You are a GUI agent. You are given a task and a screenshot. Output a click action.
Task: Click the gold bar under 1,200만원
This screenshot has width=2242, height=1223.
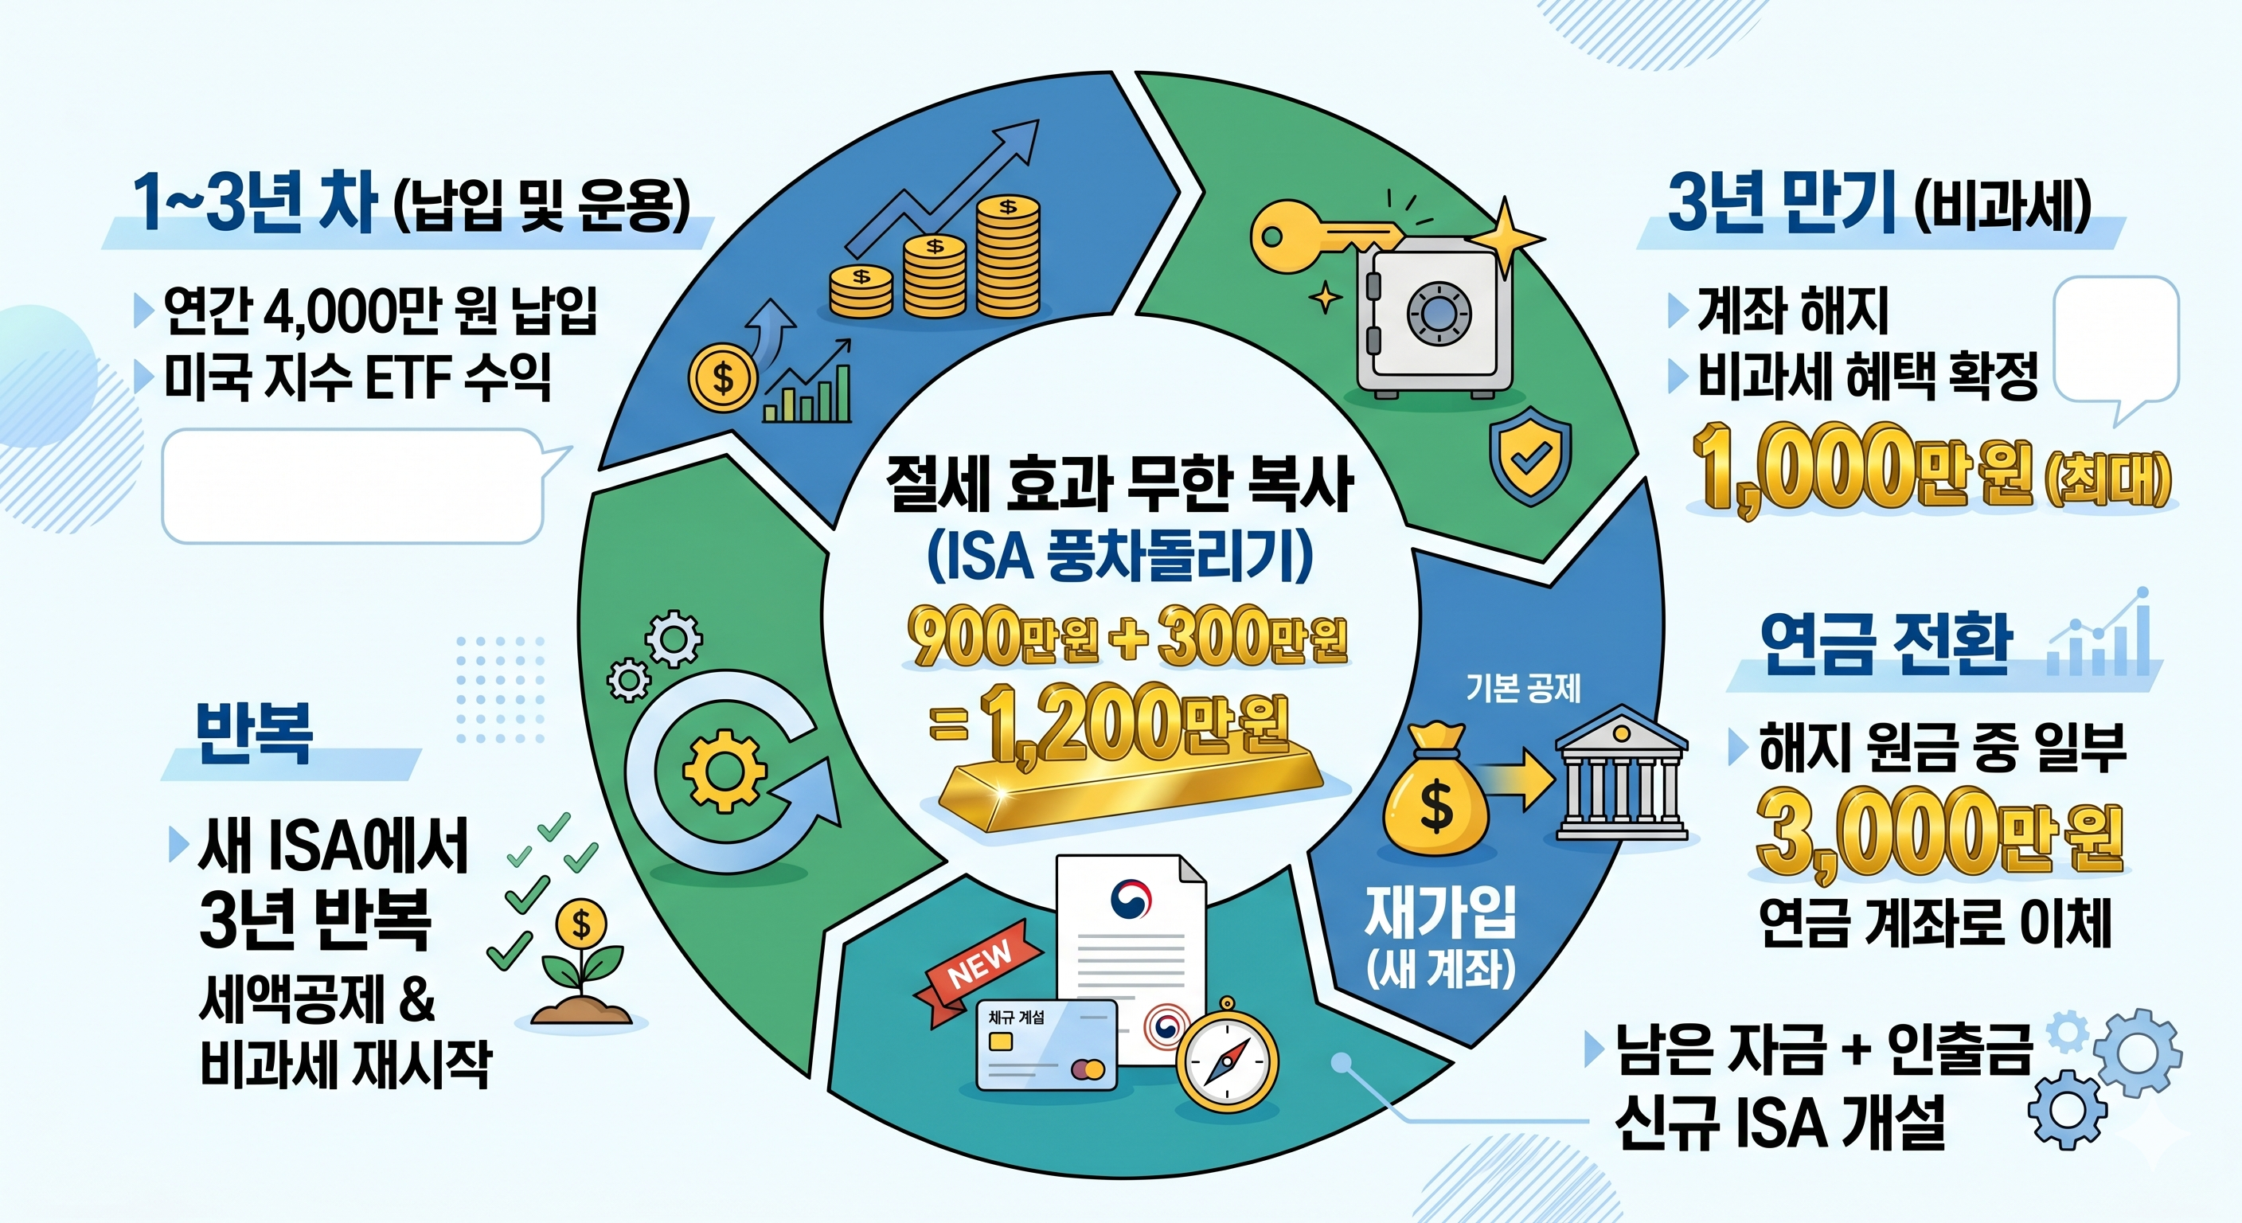pyautogui.click(x=1131, y=787)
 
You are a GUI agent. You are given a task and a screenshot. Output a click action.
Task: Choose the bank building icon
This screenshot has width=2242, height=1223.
pyautogui.click(x=1620, y=775)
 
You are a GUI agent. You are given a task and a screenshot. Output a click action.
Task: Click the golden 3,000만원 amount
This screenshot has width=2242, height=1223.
pyautogui.click(x=1939, y=834)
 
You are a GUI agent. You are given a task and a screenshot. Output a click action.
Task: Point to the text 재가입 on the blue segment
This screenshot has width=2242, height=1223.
pyautogui.click(x=1440, y=912)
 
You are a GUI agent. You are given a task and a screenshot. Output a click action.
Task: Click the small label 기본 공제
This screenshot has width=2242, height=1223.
pyautogui.click(x=1523, y=688)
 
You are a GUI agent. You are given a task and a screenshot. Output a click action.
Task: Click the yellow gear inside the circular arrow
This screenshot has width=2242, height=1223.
pyautogui.click(x=725, y=771)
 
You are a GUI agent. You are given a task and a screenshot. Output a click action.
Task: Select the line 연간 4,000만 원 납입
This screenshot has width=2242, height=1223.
pyautogui.click(x=381, y=311)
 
